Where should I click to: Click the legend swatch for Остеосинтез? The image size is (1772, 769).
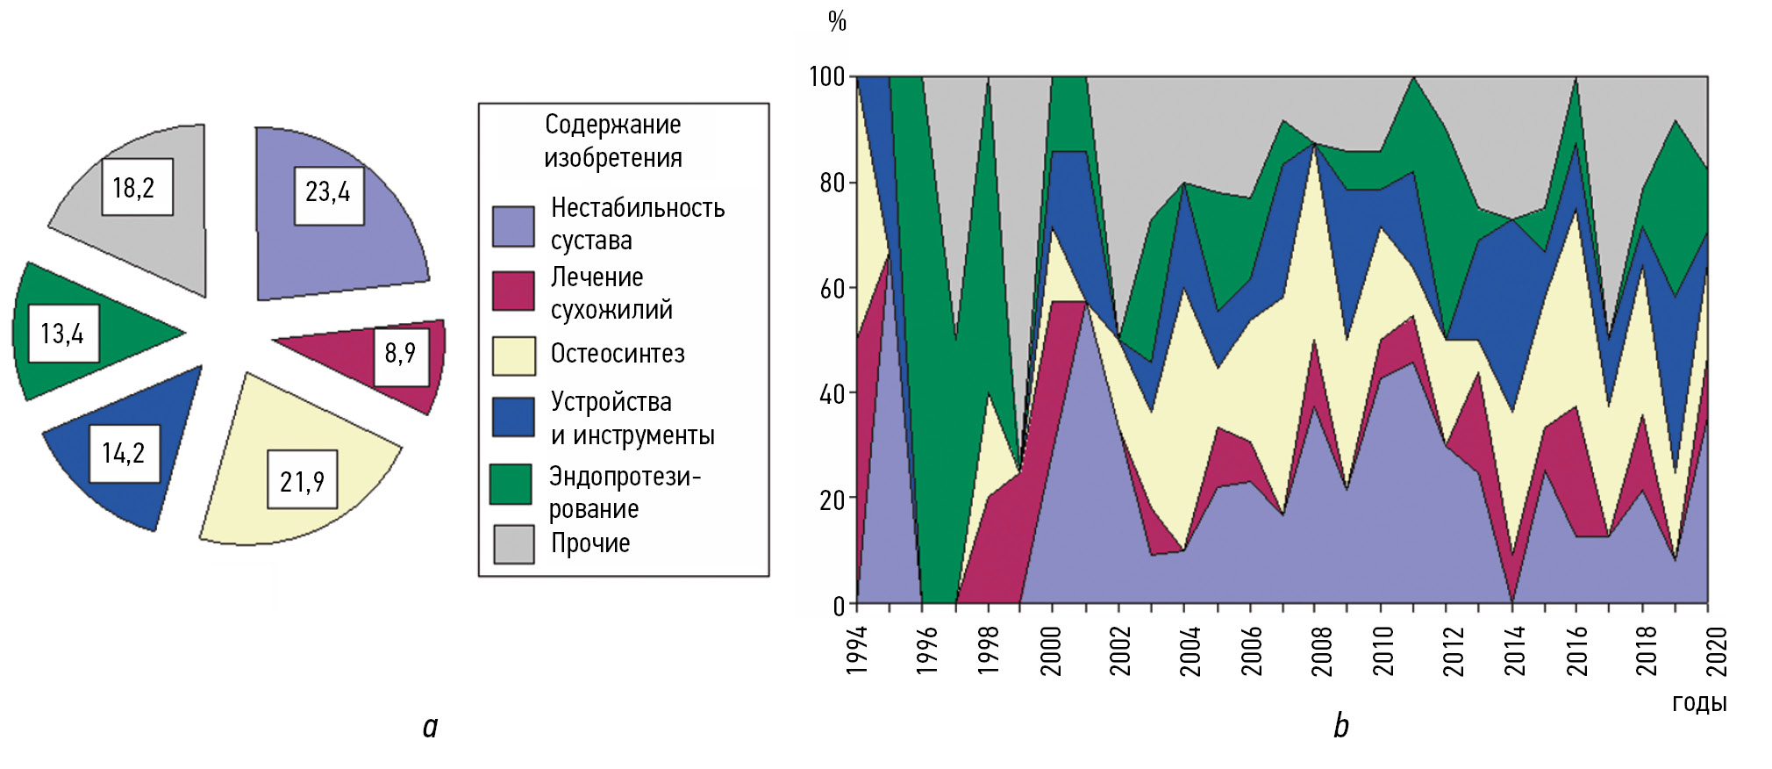(513, 356)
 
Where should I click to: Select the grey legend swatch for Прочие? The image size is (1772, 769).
(513, 544)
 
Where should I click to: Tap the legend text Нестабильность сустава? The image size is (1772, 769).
(637, 224)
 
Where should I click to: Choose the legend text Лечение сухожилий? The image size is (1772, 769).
(611, 293)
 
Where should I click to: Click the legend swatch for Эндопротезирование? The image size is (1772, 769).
(511, 484)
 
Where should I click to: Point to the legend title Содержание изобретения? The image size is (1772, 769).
(612, 140)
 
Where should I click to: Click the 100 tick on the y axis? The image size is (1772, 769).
(826, 77)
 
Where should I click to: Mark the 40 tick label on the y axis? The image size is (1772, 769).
(832, 394)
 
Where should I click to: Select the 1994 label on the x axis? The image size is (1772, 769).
(857, 650)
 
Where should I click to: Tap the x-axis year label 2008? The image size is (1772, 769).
(1322, 650)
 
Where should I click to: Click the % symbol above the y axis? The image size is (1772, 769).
(837, 21)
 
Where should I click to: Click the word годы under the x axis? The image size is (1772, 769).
(1699, 702)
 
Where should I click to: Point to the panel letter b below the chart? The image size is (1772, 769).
(1341, 726)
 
